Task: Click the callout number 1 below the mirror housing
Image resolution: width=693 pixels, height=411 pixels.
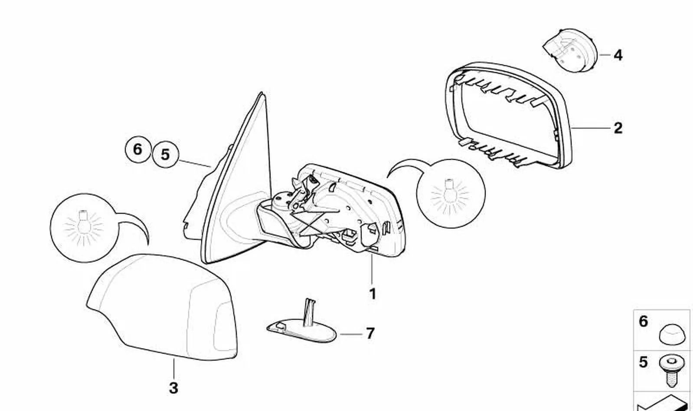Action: tap(373, 294)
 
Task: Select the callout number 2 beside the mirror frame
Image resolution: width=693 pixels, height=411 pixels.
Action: tap(618, 128)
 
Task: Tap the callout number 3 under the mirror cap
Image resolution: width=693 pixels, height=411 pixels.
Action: tap(173, 388)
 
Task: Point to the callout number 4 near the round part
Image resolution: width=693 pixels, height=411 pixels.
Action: tap(618, 55)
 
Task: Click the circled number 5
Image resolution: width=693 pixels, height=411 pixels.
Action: tap(166, 154)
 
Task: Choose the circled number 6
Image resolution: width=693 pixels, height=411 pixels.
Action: tap(138, 149)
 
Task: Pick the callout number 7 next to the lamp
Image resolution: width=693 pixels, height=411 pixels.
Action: tap(370, 334)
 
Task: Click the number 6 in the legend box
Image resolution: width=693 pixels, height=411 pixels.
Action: tap(643, 322)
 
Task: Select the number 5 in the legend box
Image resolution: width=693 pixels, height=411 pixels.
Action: tap(643, 362)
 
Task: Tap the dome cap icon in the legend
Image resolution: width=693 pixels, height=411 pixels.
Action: tap(670, 335)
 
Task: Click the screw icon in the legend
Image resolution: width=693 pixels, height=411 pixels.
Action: tap(670, 371)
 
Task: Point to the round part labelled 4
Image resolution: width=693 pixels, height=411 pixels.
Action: tap(570, 50)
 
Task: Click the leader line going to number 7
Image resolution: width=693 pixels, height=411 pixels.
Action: tap(351, 334)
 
